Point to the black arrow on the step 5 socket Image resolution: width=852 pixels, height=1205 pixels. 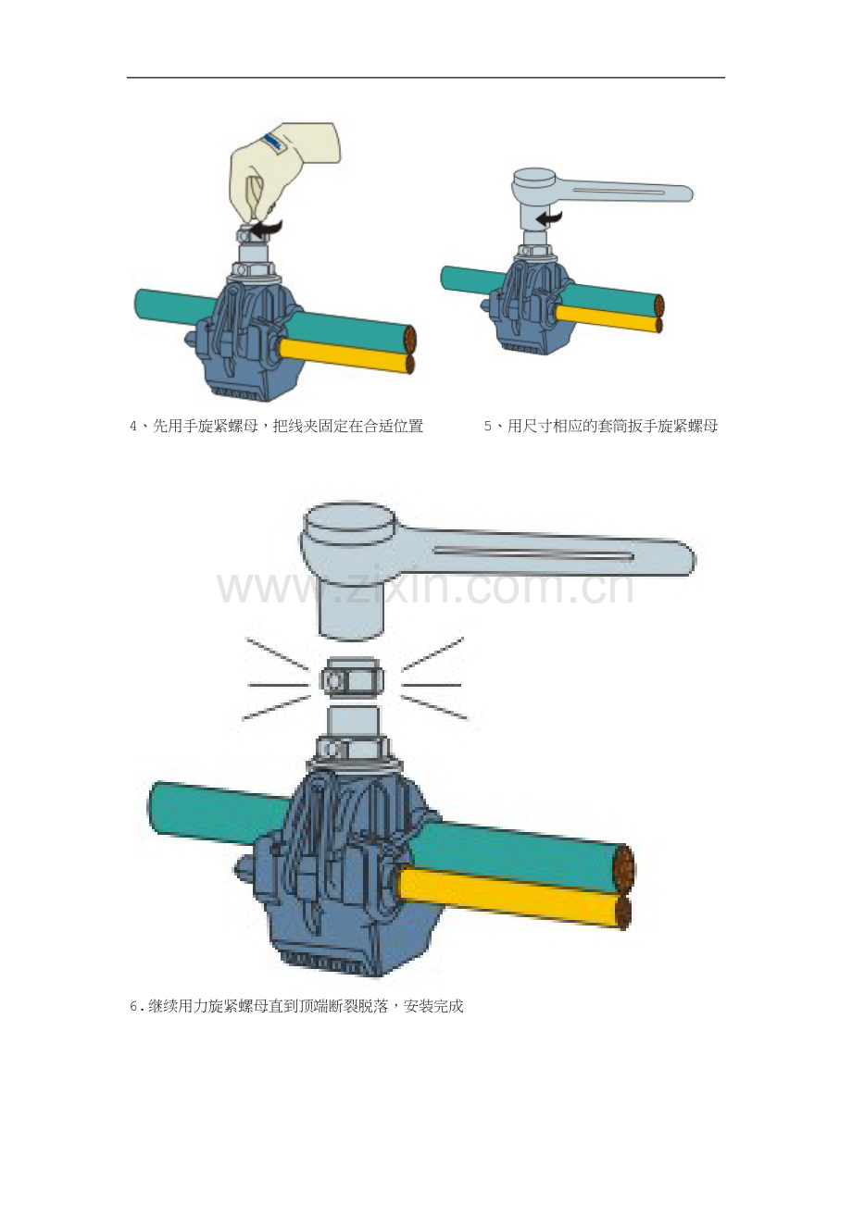click(549, 218)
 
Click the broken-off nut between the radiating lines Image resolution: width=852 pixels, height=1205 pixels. click(352, 680)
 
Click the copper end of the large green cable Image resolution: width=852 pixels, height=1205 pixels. click(626, 867)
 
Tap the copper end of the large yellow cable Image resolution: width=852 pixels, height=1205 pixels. click(623, 912)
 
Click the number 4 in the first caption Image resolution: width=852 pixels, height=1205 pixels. click(133, 428)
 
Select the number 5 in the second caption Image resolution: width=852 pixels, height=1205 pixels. click(488, 428)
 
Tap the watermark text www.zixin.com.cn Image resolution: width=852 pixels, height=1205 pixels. click(426, 588)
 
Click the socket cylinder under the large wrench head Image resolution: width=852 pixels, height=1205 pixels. click(351, 608)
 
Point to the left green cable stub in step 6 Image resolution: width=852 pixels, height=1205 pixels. click(220, 812)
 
